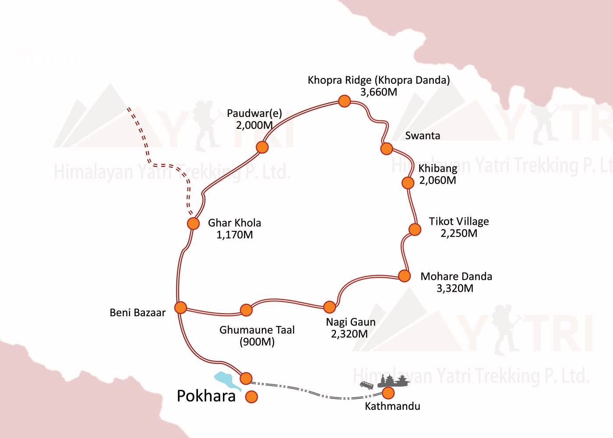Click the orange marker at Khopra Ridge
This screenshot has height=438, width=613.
tap(345, 101)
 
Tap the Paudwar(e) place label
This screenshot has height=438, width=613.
tap(254, 113)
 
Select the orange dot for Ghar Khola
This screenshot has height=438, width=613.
tap(193, 223)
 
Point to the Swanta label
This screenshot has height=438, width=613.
tap(423, 136)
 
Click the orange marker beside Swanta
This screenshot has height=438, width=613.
tap(386, 148)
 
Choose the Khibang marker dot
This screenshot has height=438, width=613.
tap(408, 183)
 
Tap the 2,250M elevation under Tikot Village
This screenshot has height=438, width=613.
tap(459, 233)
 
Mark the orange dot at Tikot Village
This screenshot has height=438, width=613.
tap(415, 229)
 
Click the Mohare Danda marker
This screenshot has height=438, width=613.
tap(404, 276)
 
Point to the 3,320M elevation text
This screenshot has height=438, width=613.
tap(455, 289)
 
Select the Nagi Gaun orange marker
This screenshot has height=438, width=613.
tap(329, 307)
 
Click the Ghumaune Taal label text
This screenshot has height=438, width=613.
tap(257, 330)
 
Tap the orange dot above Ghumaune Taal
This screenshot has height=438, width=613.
tap(246, 310)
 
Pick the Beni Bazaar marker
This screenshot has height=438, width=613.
tap(180, 307)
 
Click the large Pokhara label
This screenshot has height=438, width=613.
tap(206, 396)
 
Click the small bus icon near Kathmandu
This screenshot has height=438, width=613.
tap(366, 385)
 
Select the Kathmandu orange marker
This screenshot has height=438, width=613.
tap(388, 392)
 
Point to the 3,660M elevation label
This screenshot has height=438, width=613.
tap(379, 92)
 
